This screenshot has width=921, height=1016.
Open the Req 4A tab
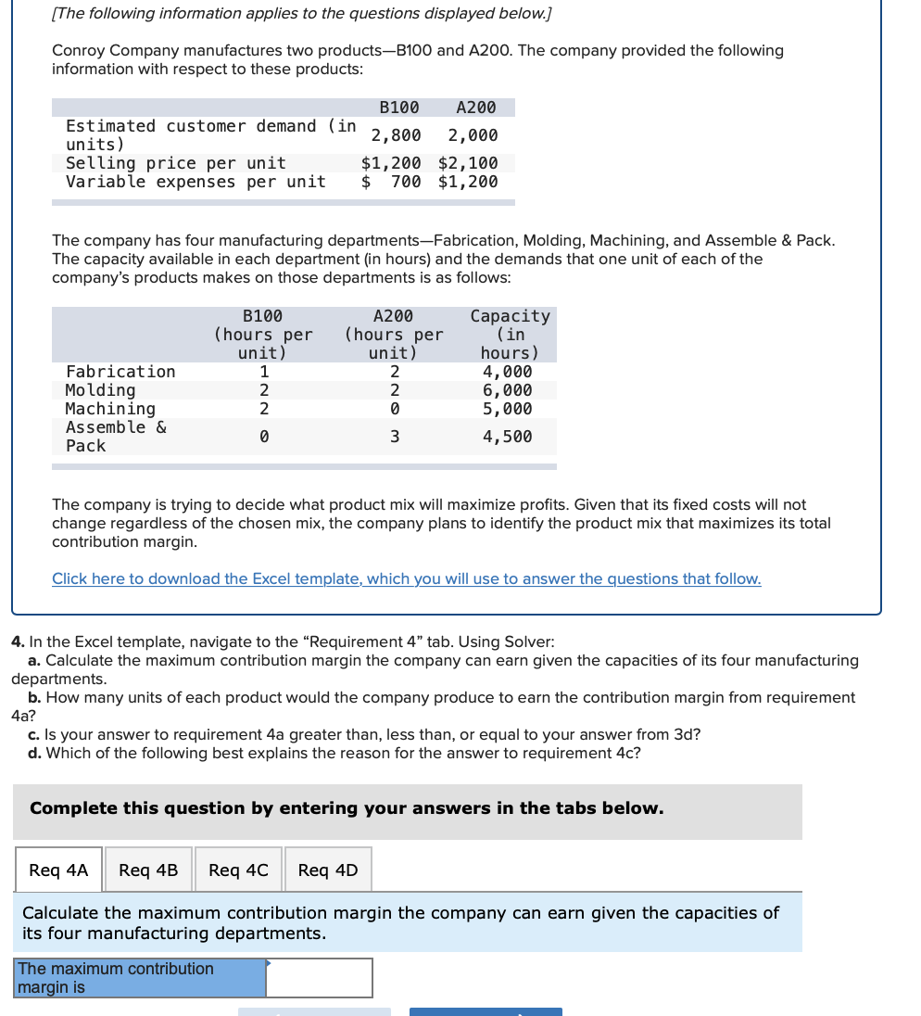click(58, 870)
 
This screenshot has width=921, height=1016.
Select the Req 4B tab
click(148, 870)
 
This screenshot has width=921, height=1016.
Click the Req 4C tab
click(238, 870)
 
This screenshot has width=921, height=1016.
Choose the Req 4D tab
click(328, 870)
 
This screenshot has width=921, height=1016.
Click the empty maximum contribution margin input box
click(320, 978)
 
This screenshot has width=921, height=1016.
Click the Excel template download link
click(406, 579)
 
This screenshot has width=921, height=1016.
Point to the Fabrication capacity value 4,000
click(508, 372)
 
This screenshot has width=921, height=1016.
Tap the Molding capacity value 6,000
click(508, 390)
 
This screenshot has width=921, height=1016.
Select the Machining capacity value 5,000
click(508, 409)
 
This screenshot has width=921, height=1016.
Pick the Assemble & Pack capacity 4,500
click(508, 437)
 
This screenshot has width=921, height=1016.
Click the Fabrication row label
click(120, 372)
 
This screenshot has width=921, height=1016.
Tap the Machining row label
click(110, 409)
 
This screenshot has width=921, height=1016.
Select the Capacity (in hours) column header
click(510, 334)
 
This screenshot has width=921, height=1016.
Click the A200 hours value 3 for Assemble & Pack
click(394, 437)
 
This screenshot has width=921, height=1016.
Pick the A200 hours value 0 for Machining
click(394, 409)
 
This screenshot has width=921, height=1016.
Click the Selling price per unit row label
click(176, 163)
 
